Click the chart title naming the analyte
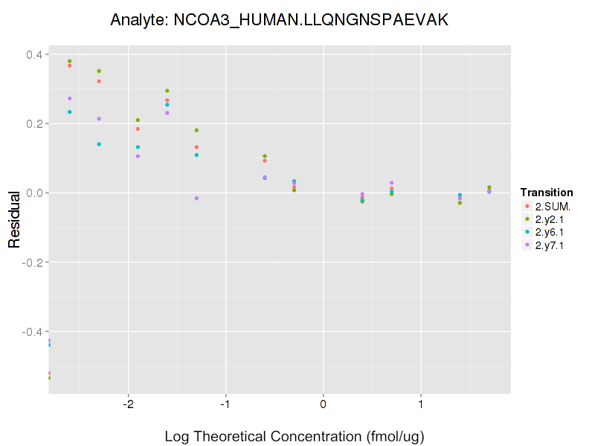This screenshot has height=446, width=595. [279, 20]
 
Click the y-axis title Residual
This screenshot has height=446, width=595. [13, 220]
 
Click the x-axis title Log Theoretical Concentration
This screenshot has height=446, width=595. [295, 436]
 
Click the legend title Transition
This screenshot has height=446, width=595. [547, 193]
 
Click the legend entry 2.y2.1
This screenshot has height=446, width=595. [548, 219]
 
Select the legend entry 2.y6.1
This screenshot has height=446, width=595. [548, 232]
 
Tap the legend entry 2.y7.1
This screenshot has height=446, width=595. [548, 245]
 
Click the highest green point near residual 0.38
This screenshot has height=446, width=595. [69, 61]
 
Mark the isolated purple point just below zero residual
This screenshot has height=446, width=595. [196, 198]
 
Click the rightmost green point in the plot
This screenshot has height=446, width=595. [489, 187]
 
